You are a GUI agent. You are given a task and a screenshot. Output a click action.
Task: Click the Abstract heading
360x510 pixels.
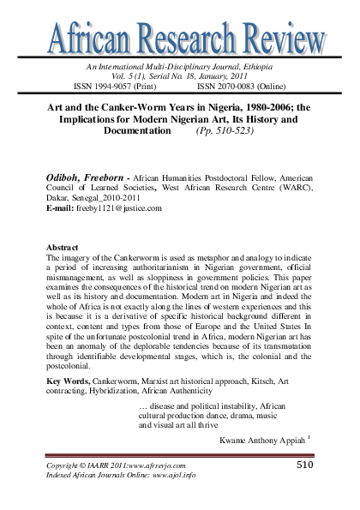point(63,245)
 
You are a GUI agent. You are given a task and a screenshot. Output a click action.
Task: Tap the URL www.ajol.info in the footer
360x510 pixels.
point(170,474)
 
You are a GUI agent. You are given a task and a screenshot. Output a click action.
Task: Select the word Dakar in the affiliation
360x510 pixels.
point(57,196)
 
